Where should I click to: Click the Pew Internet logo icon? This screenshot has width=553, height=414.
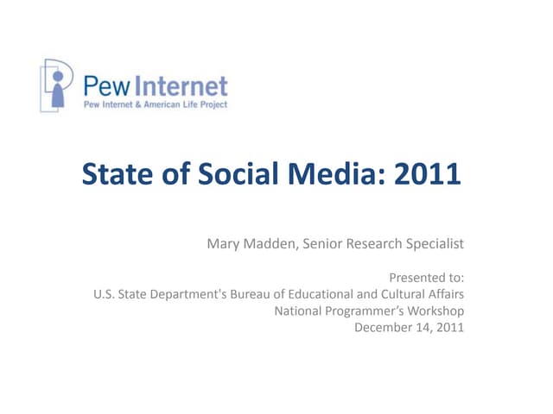(57, 85)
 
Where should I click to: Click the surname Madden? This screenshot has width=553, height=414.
(273, 244)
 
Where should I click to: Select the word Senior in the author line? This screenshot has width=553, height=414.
(327, 244)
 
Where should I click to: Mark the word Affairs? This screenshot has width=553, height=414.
(445, 294)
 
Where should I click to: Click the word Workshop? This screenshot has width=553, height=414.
(435, 310)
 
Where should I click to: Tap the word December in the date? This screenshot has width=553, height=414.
(384, 327)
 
